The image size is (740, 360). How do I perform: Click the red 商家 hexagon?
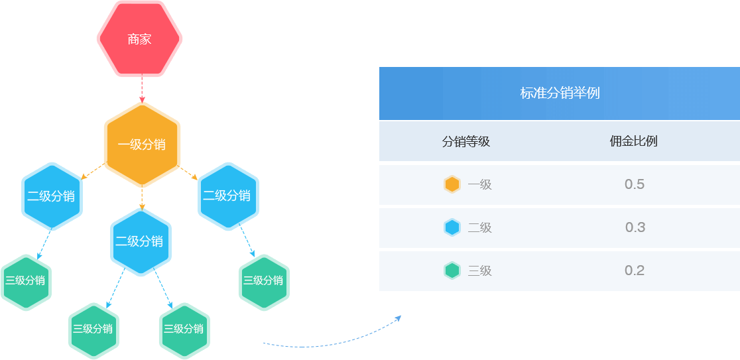(x=139, y=39)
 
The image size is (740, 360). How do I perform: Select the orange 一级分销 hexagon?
(x=142, y=145)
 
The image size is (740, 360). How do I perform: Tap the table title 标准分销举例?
(x=560, y=93)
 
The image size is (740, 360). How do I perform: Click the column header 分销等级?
(x=465, y=141)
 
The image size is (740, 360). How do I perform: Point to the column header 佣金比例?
(x=633, y=141)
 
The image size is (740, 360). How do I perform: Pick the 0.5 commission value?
(x=635, y=184)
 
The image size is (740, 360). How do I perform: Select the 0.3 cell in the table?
(x=635, y=227)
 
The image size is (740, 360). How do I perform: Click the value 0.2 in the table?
(x=635, y=270)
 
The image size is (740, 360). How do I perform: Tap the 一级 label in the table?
(x=479, y=185)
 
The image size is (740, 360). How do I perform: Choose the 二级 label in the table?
(x=479, y=228)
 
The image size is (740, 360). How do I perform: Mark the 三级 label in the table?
(x=479, y=270)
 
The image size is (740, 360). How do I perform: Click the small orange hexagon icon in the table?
(x=452, y=184)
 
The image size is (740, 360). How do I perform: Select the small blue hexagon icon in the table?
(x=452, y=227)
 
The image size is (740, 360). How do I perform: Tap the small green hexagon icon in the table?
(x=452, y=270)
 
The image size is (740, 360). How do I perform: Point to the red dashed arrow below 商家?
(x=142, y=90)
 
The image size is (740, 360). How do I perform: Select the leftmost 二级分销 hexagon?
(x=52, y=196)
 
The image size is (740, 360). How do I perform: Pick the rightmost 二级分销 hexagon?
(x=227, y=196)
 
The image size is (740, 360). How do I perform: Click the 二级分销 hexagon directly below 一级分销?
(x=140, y=242)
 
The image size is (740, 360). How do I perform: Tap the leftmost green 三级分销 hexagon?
(x=25, y=281)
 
